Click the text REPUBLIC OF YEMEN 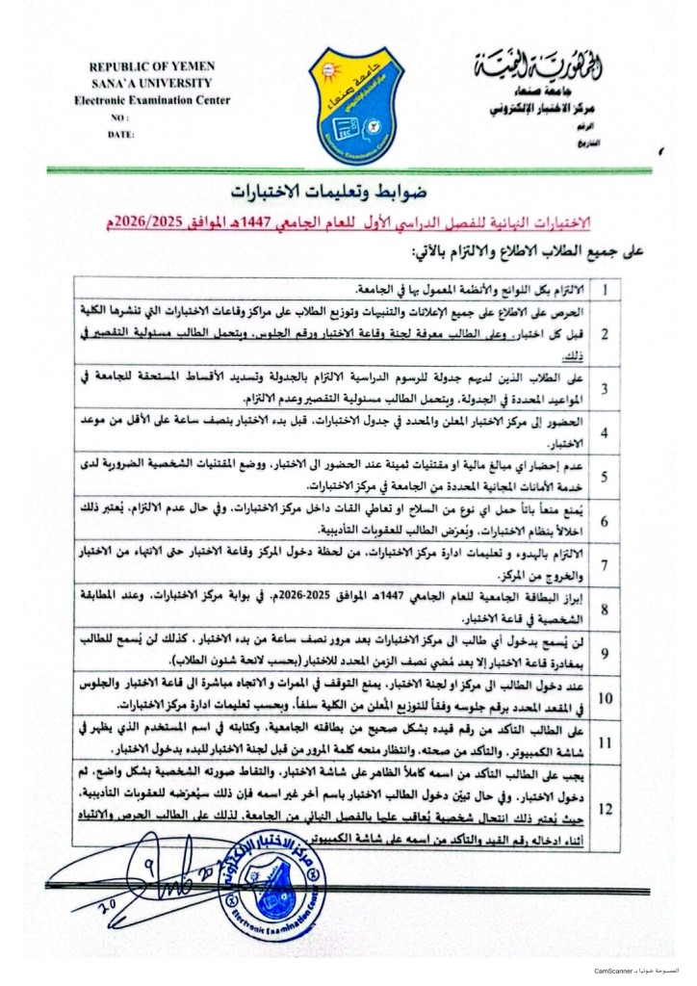(x=151, y=66)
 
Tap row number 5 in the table (x=604, y=476)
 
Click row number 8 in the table (x=604, y=609)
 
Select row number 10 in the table (x=604, y=698)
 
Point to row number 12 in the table (x=604, y=809)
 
